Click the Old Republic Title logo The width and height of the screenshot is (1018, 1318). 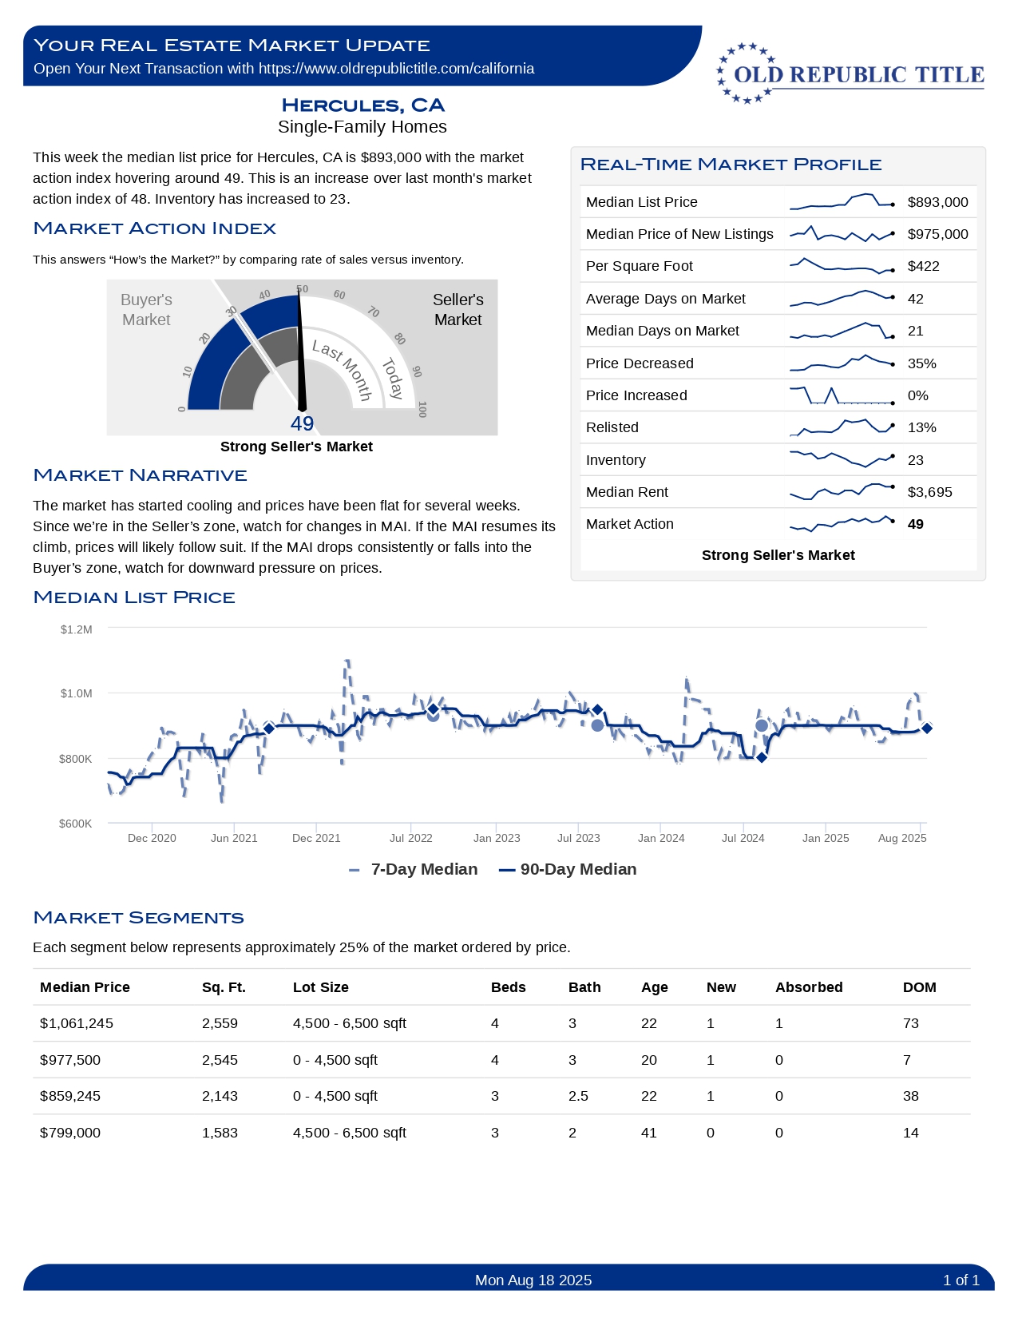point(850,74)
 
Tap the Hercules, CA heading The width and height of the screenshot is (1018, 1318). point(362,105)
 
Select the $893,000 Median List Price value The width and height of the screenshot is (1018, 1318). point(937,202)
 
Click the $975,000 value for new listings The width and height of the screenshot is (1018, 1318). point(937,234)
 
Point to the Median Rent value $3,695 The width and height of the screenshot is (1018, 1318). point(929,492)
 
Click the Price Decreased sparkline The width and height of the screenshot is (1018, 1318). point(842,363)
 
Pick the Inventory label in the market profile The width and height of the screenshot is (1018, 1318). point(616,460)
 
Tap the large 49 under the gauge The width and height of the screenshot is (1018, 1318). point(302,423)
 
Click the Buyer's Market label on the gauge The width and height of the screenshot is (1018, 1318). point(146,309)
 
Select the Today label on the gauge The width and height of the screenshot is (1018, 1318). point(392,379)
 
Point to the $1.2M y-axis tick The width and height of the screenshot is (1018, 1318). point(77,629)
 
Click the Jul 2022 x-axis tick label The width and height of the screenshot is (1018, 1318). point(410,838)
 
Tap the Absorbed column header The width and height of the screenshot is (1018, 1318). point(808,987)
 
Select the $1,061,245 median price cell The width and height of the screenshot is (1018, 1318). point(77,1023)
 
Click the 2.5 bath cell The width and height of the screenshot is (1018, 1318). point(578,1096)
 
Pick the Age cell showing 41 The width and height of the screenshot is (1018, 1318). point(648,1133)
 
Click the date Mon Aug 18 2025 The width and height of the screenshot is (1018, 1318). point(533,1280)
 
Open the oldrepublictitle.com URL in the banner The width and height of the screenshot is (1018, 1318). point(396,69)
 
